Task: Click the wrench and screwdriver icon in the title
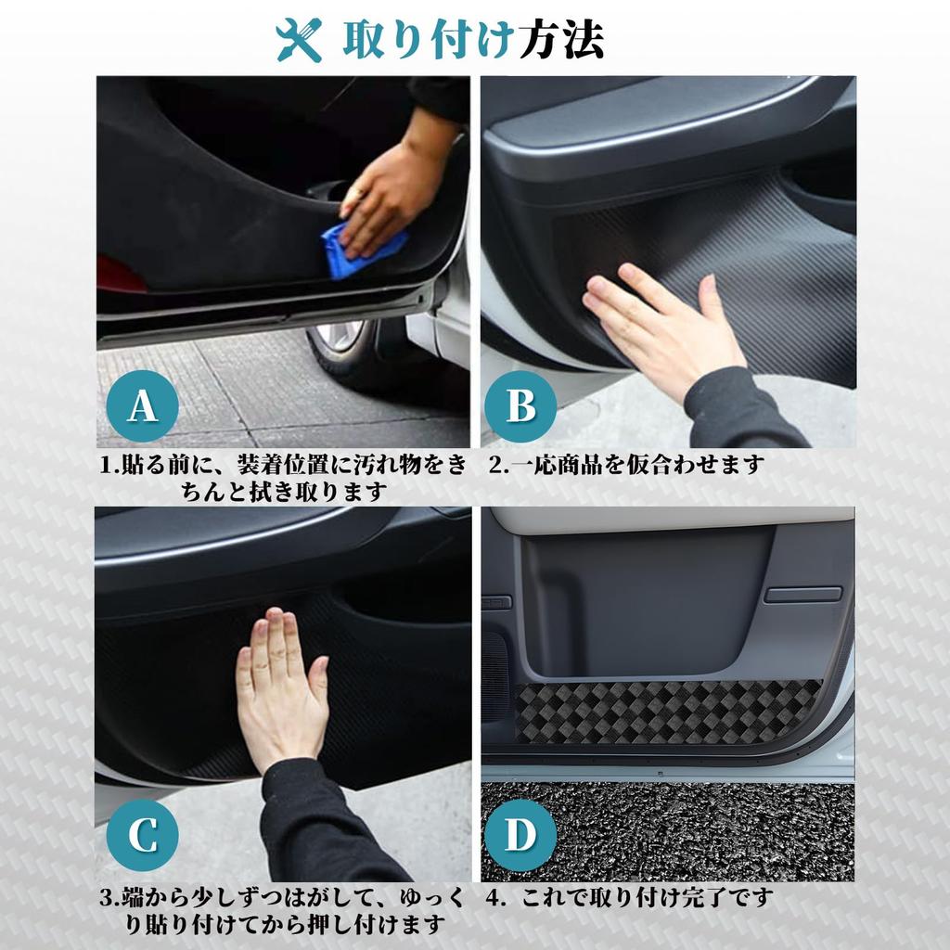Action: click(299, 40)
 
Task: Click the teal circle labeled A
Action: click(141, 405)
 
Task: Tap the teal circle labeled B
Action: click(520, 405)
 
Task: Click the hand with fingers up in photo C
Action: click(278, 687)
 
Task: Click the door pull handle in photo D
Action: click(802, 594)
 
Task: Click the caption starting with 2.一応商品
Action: click(626, 464)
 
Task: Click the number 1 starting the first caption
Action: click(105, 464)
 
